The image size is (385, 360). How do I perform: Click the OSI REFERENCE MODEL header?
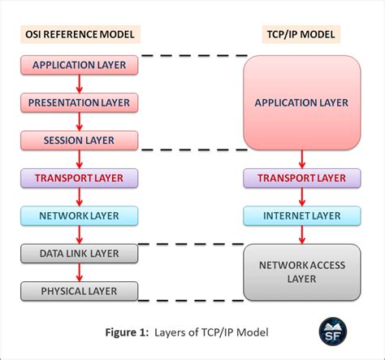click(x=79, y=33)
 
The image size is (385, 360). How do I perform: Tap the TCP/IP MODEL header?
click(x=301, y=33)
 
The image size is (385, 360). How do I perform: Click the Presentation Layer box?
click(x=79, y=102)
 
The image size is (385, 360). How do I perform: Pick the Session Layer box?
click(x=79, y=141)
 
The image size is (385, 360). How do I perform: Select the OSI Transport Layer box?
click(x=79, y=178)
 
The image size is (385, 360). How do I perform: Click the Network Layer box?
click(x=79, y=215)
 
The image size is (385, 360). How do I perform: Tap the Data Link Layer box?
click(x=79, y=254)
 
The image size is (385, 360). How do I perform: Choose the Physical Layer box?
click(x=79, y=291)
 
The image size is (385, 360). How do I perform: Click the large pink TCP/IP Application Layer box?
click(x=301, y=102)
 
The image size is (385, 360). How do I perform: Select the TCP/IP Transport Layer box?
click(x=301, y=178)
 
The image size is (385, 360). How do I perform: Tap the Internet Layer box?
click(x=301, y=215)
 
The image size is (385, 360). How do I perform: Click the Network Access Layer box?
click(x=301, y=272)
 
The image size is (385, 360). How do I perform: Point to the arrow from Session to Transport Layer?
click(x=79, y=159)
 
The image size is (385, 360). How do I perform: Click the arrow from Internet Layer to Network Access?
click(x=301, y=235)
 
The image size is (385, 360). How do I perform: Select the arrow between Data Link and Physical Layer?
click(x=79, y=272)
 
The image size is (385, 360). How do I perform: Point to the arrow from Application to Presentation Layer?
click(x=79, y=83)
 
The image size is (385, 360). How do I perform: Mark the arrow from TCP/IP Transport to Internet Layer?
click(x=301, y=197)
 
